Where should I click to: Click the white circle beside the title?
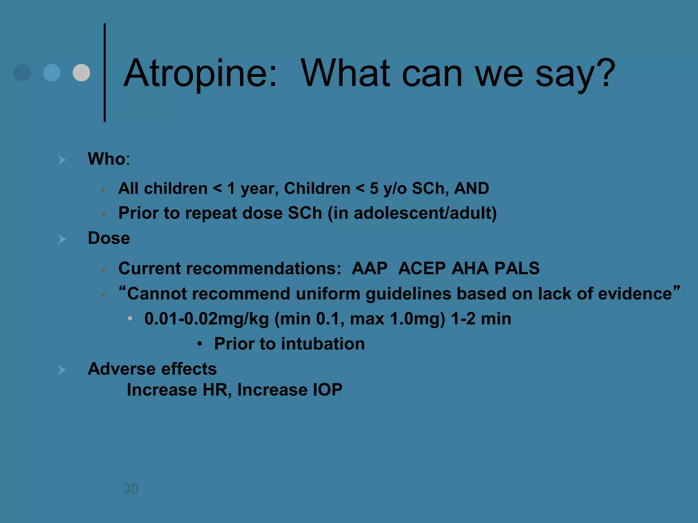coord(81,73)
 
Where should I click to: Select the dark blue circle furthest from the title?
coord(22,73)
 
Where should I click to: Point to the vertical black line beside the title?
coord(105,73)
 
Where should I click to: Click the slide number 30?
coord(131,489)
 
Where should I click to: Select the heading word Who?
coord(106,159)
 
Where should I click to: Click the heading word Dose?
coord(109,238)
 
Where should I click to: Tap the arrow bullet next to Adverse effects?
coord(62,370)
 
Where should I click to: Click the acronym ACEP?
coord(422,268)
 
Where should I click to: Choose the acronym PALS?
coord(517,268)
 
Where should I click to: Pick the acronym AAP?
coord(369,268)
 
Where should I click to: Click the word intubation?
coord(323,344)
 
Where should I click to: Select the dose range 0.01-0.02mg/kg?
coord(207,319)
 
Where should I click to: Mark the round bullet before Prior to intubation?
coord(200,344)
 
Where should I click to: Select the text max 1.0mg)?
coord(397,319)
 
